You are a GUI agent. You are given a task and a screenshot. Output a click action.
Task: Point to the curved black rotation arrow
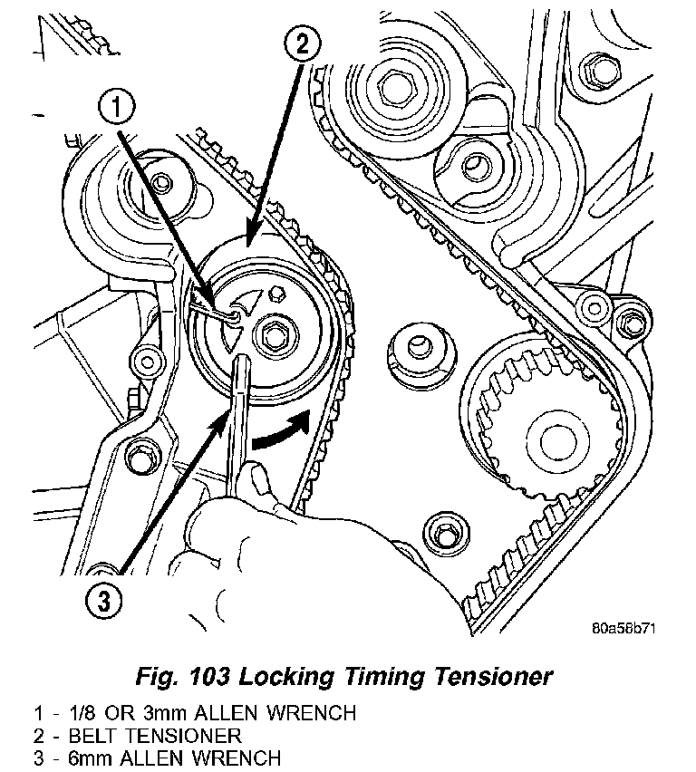(283, 433)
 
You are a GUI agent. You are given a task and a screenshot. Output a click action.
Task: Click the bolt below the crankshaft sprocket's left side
(442, 530)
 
